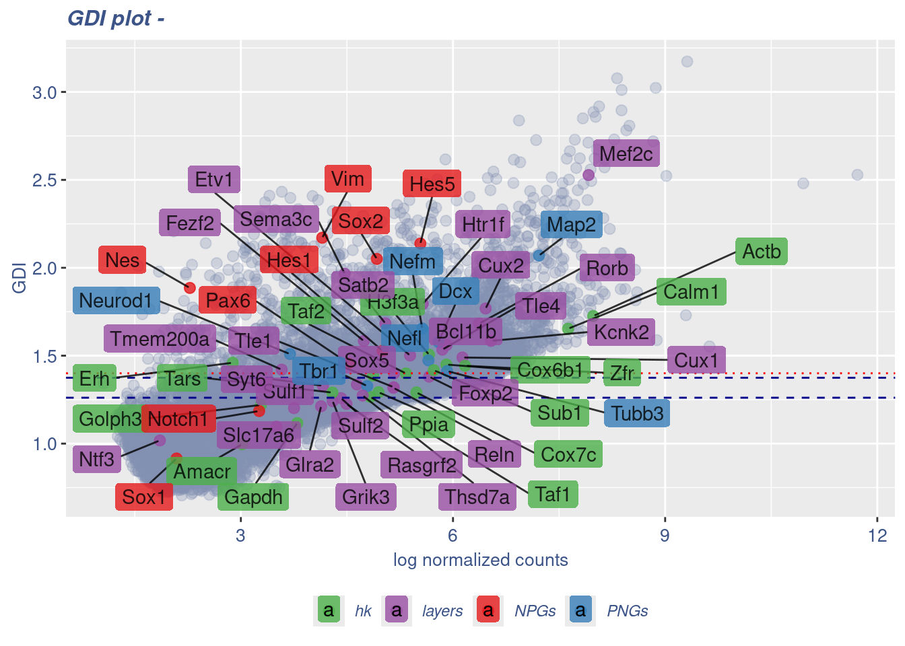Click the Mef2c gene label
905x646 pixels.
tap(626, 153)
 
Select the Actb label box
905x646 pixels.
tap(762, 252)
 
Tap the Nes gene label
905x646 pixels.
tap(123, 260)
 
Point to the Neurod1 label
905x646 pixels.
tap(116, 300)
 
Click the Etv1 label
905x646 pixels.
tap(213, 180)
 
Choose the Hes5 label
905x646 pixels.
tap(432, 184)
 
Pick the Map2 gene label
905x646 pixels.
tap(571, 225)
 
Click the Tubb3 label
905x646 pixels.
tap(637, 413)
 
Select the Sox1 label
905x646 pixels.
tap(144, 497)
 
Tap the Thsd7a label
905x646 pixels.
tap(477, 497)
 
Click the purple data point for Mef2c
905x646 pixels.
tap(589, 175)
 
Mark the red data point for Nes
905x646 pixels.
tap(190, 288)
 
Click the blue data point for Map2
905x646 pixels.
tap(539, 256)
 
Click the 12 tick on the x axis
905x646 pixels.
tap(877, 536)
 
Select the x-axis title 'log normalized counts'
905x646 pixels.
tap(480, 560)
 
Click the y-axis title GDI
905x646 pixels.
tap(20, 278)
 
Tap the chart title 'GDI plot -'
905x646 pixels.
tap(116, 18)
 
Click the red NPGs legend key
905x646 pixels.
tap(488, 610)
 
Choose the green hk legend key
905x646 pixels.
tap(328, 610)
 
